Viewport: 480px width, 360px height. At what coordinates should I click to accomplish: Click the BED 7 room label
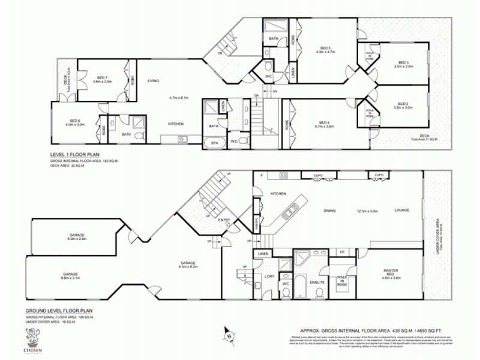(x=102, y=77)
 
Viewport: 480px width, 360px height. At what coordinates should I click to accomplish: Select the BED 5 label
(x=325, y=47)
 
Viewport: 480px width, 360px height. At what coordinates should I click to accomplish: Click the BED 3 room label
(x=403, y=63)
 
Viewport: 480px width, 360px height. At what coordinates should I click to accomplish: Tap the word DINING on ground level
(x=328, y=211)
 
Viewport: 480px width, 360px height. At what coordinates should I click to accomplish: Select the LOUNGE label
(x=401, y=211)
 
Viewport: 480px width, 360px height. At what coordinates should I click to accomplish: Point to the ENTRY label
(x=224, y=220)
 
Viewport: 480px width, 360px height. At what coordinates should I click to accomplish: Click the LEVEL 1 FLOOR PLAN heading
(x=77, y=154)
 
